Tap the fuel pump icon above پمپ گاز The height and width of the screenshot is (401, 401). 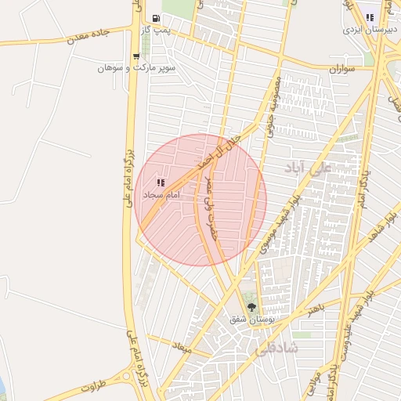[x=157, y=18]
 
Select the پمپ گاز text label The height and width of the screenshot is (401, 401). [x=157, y=30]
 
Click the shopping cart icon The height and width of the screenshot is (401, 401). [x=136, y=56]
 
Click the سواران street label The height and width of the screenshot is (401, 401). [x=342, y=69]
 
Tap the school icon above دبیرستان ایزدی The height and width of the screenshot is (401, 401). [x=370, y=17]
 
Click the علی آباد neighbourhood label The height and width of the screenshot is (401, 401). [x=312, y=166]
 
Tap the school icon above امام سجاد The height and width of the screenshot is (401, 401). [x=161, y=182]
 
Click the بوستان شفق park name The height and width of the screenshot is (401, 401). [x=251, y=320]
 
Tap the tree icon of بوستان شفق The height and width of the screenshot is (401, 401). [x=251, y=307]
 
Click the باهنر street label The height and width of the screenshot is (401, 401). [x=316, y=309]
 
